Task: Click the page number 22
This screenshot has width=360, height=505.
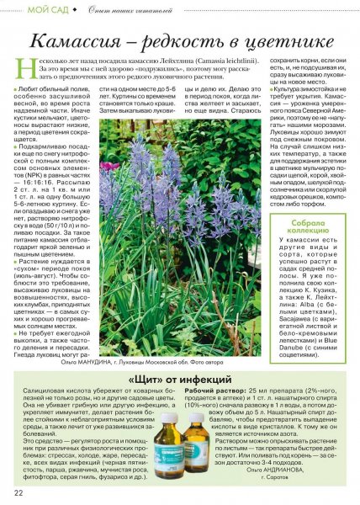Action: point(18,492)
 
